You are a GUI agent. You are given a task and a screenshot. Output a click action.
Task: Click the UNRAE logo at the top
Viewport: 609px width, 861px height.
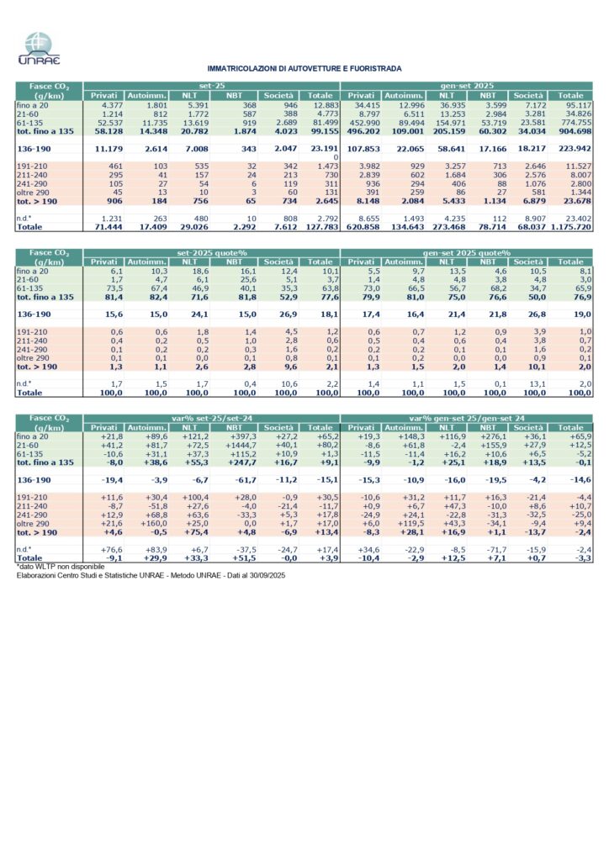39,48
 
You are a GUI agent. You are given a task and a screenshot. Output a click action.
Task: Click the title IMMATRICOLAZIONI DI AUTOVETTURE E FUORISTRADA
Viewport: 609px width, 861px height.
304,68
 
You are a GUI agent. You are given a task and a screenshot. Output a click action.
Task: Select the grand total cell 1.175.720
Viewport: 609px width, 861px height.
572,227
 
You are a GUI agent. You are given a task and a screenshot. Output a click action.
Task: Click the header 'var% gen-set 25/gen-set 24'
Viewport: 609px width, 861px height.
468,418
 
